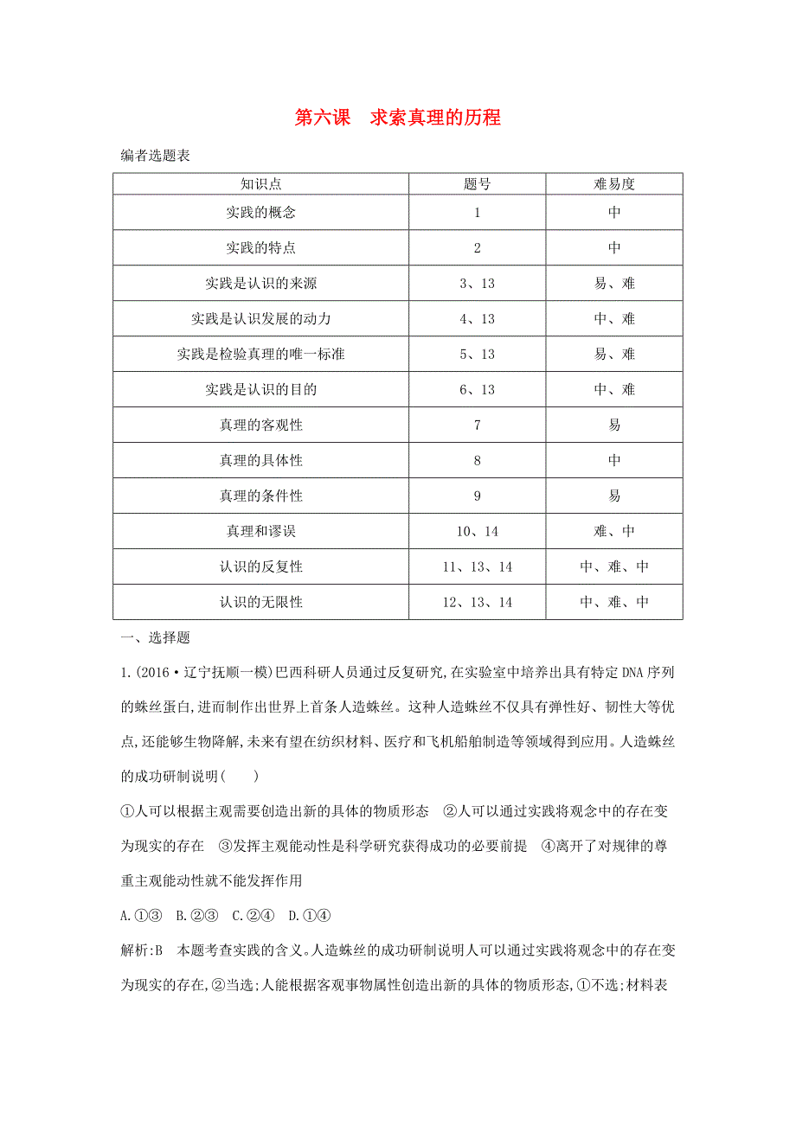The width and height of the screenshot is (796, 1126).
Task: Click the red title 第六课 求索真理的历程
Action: pos(398,118)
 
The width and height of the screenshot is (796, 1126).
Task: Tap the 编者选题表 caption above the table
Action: pos(155,157)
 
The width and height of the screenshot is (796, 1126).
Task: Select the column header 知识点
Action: pos(260,183)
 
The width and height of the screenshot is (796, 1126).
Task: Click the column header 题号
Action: pos(477,183)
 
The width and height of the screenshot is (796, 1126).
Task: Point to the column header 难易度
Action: pos(614,183)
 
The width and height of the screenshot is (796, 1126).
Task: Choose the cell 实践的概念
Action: pos(260,213)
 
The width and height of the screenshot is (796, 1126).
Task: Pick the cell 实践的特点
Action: pos(260,247)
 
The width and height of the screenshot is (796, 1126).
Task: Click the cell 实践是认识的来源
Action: pos(260,283)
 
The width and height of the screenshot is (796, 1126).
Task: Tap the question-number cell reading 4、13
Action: pos(477,318)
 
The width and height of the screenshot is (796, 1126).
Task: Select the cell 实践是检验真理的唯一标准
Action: pos(260,354)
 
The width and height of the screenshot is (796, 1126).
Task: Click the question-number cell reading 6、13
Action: pos(477,389)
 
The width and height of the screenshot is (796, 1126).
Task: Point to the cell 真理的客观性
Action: pos(260,425)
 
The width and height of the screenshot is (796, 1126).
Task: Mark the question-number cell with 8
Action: pos(477,460)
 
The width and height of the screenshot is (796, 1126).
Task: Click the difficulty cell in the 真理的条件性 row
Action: pos(614,496)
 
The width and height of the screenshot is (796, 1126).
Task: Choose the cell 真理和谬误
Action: pos(260,531)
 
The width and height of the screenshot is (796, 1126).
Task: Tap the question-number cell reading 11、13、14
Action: pos(477,566)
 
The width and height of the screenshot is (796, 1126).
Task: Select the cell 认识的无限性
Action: pos(260,602)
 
